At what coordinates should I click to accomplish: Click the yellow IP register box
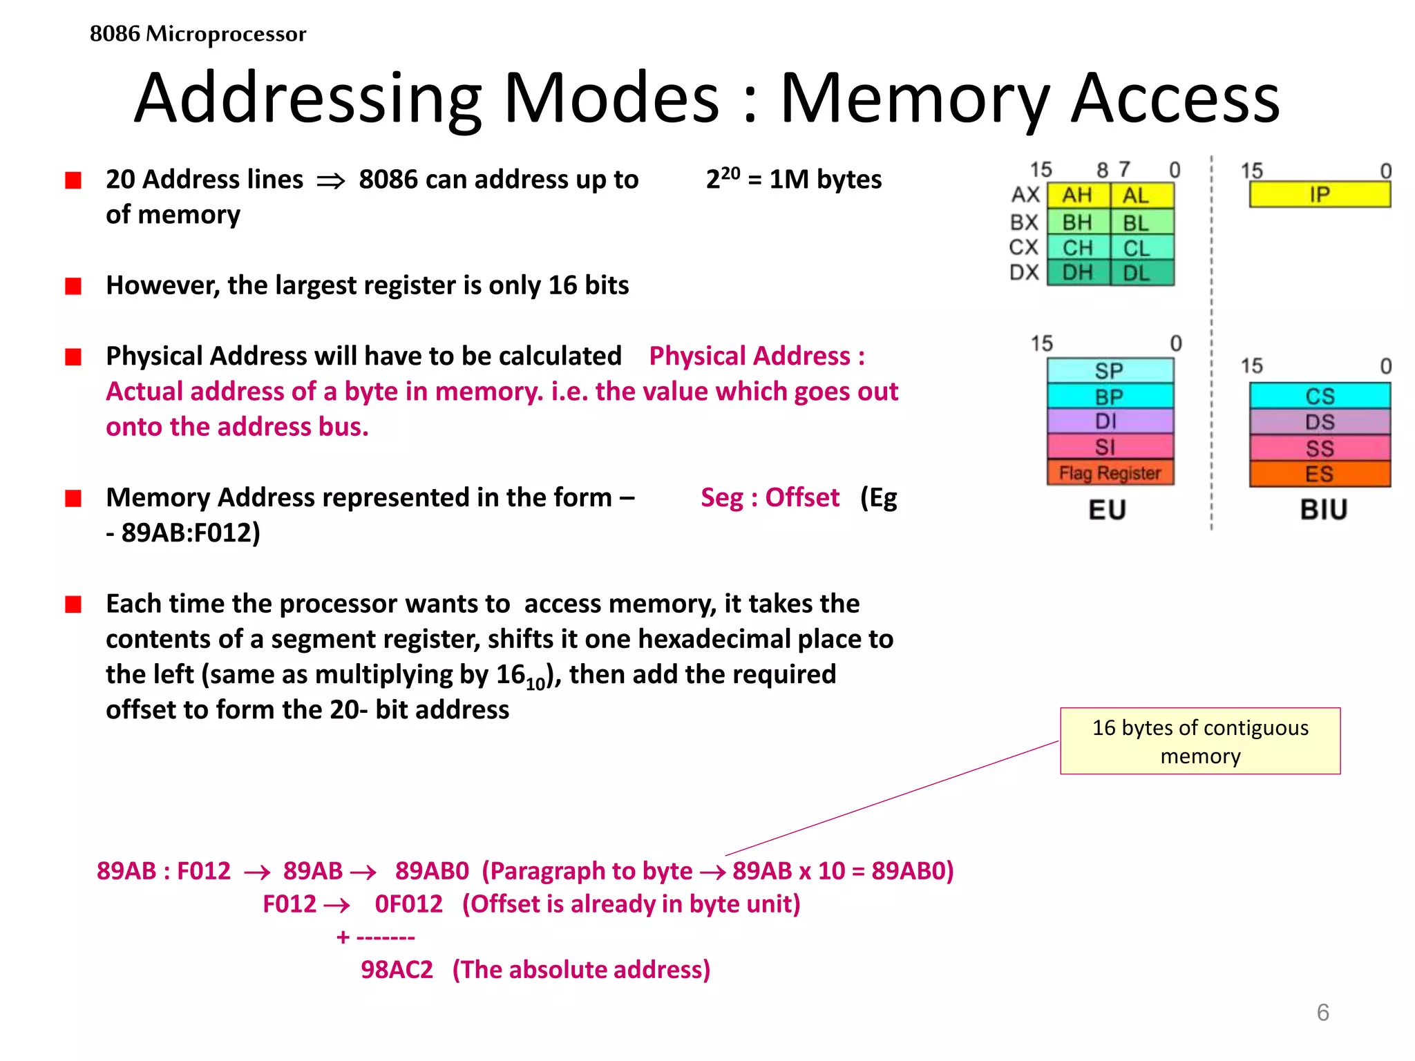pyautogui.click(x=1320, y=195)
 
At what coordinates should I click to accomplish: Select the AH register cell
pyautogui.click(x=1078, y=195)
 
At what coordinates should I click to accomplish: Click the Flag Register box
pyautogui.click(x=1110, y=473)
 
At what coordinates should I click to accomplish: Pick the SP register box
pyautogui.click(x=1110, y=371)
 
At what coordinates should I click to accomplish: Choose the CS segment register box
pyautogui.click(x=1320, y=396)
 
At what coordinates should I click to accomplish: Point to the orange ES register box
pyautogui.click(x=1320, y=475)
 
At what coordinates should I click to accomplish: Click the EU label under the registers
pyautogui.click(x=1108, y=510)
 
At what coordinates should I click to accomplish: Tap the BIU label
pyautogui.click(x=1324, y=510)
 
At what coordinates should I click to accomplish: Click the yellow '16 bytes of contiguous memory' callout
pyautogui.click(x=1200, y=741)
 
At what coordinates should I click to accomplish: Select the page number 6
pyautogui.click(x=1322, y=1013)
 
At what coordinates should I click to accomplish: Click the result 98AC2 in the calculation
pyautogui.click(x=397, y=970)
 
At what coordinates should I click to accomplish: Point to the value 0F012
pyautogui.click(x=408, y=904)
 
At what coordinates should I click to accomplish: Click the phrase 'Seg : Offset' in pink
pyautogui.click(x=770, y=497)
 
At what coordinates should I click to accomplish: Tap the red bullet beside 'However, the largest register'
pyautogui.click(x=73, y=286)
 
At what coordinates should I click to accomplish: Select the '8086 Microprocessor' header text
pyautogui.click(x=198, y=33)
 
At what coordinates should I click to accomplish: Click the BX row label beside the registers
pyautogui.click(x=1024, y=222)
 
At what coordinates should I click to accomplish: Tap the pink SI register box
pyautogui.click(x=1110, y=447)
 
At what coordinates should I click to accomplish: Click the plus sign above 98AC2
pyautogui.click(x=343, y=937)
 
